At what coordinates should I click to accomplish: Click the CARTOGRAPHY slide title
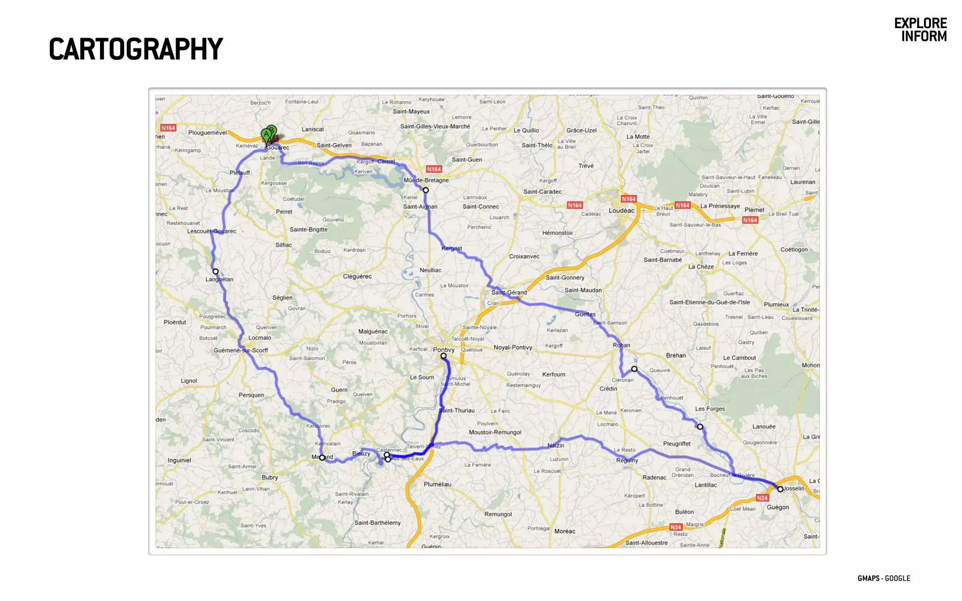pos(136,49)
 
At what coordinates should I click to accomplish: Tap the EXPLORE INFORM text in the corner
pos(920,30)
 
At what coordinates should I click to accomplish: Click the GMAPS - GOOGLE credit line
pos(884,578)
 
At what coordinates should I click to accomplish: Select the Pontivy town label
pos(443,350)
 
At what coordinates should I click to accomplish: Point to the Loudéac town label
pos(621,210)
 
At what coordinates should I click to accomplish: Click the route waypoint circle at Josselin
pos(780,489)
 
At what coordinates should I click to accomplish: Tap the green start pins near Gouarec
pos(269,134)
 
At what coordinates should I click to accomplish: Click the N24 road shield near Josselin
pos(762,498)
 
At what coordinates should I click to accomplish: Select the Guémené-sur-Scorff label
pos(240,350)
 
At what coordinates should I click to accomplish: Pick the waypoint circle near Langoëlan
pos(216,271)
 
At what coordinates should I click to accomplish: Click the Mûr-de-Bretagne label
pos(426,180)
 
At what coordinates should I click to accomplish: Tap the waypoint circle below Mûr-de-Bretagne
pos(426,190)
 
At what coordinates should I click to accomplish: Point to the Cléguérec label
pos(357,277)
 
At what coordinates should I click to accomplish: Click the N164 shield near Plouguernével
pos(168,128)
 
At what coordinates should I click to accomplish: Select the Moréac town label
pos(565,531)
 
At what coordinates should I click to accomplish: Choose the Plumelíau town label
pos(437,484)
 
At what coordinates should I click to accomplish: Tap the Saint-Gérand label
pos(509,293)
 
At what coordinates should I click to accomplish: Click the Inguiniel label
pos(179,460)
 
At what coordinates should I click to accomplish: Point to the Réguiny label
pos(627,460)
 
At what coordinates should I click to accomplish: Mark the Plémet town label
pos(754,210)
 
